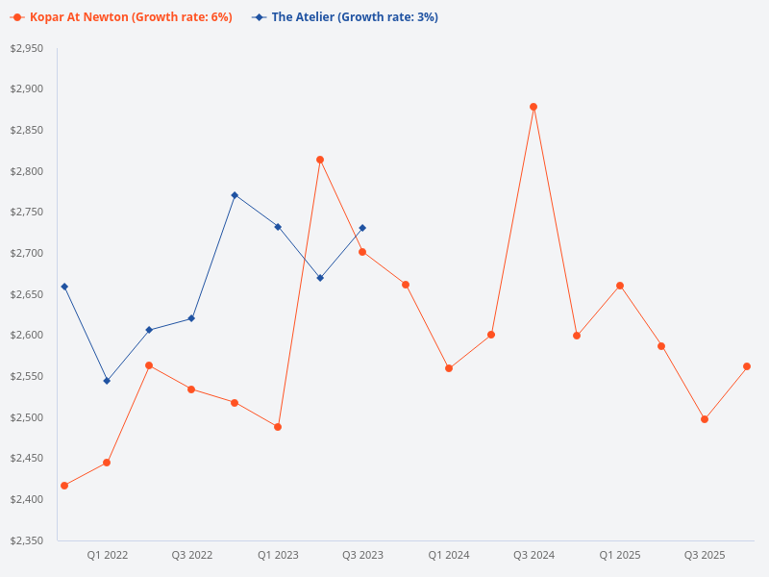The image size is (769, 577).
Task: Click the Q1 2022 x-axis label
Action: point(107,555)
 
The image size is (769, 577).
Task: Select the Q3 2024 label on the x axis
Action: point(533,555)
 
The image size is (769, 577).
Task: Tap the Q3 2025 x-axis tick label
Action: point(705,555)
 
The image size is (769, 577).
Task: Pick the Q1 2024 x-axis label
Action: point(449,555)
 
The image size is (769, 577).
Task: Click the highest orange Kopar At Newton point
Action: point(533,107)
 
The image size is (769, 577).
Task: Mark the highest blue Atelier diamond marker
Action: point(235,195)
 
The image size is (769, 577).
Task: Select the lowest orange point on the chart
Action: point(64,486)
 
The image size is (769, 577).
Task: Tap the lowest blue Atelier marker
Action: point(107,381)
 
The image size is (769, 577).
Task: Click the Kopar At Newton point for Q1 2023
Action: point(278,427)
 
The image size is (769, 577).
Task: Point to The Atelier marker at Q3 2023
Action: point(362,228)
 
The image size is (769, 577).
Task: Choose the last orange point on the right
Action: point(747,366)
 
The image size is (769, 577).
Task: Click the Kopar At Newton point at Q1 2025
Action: point(620,286)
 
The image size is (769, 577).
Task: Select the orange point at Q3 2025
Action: point(705,419)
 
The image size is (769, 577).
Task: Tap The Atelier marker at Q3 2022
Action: point(192,318)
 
